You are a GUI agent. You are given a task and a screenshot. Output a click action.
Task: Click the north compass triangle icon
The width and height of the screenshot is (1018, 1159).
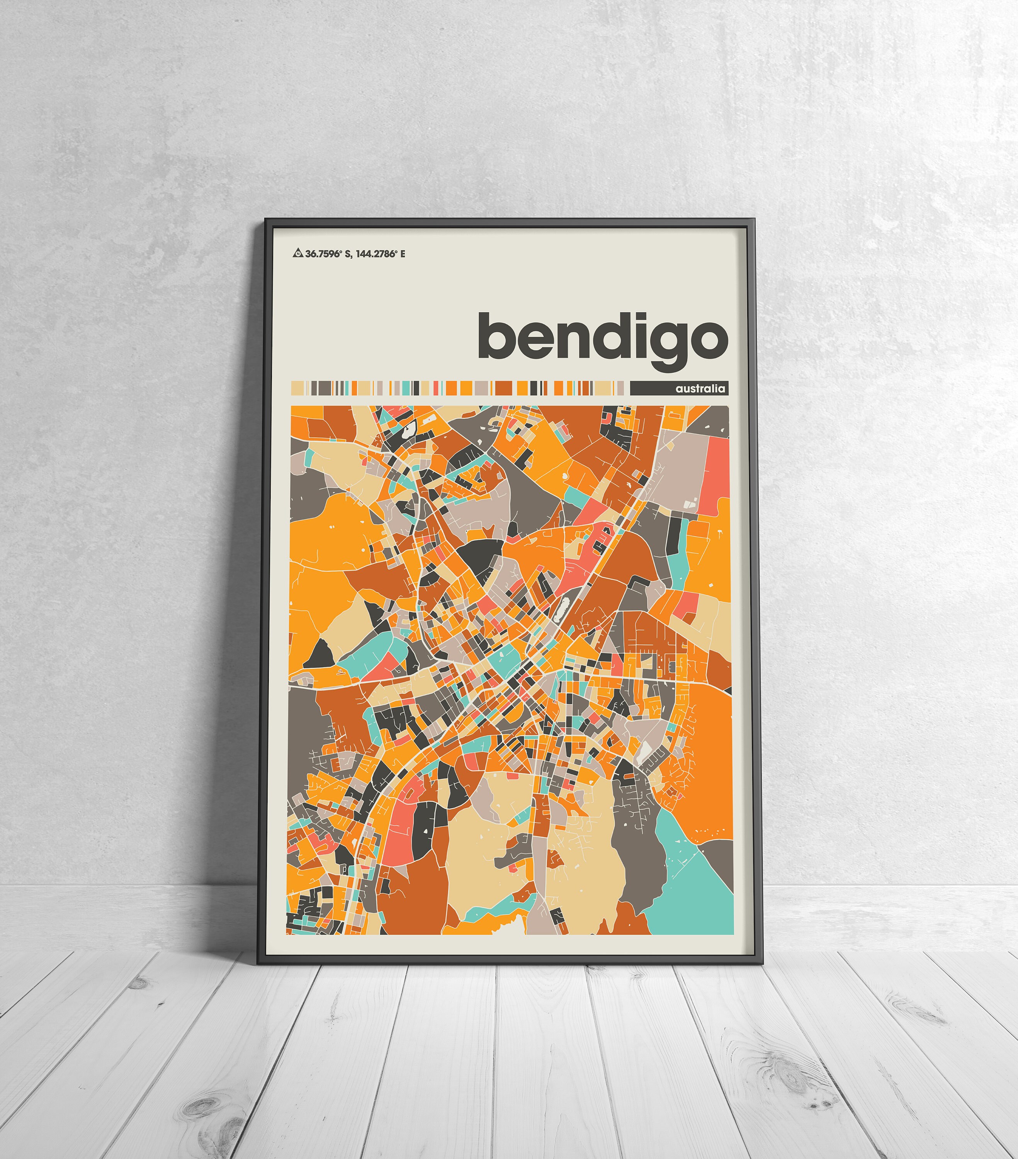(297, 253)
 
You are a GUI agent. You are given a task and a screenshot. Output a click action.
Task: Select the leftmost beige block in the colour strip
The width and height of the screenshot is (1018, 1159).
(298, 388)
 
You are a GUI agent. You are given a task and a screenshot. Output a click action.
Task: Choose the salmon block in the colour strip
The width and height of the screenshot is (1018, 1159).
(436, 388)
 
